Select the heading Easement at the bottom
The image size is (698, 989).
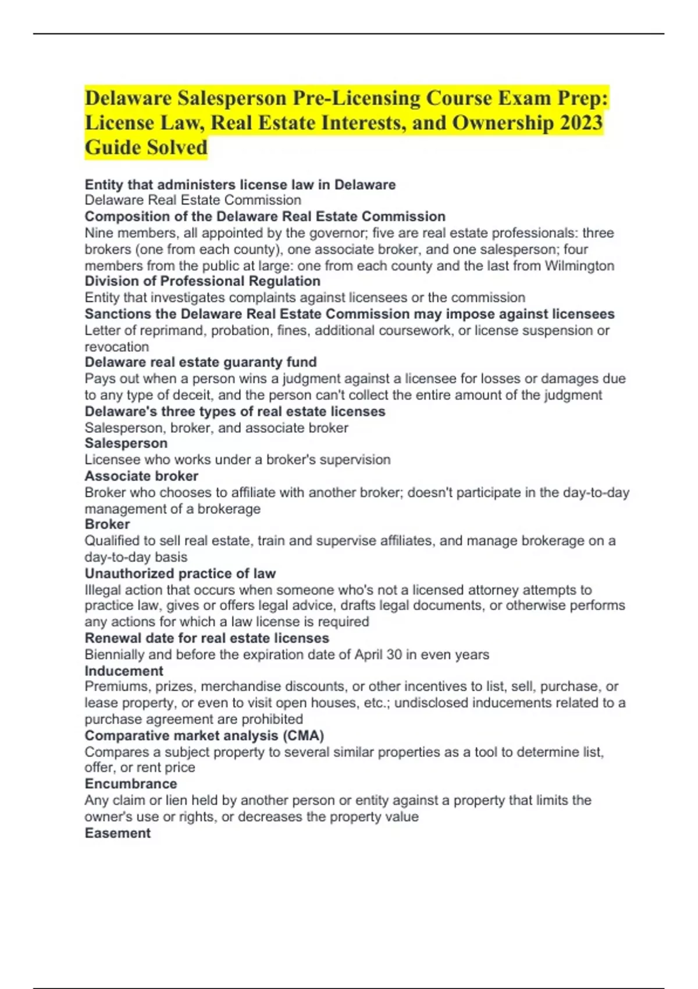117,833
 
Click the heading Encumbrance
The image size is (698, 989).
131,784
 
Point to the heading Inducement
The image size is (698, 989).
124,671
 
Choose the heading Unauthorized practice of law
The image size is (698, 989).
180,574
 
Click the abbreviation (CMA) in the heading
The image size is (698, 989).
303,735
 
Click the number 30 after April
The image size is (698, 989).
394,654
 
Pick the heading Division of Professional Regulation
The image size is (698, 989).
202,282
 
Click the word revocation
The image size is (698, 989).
117,347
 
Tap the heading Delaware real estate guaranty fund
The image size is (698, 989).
201,362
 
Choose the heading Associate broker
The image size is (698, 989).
141,476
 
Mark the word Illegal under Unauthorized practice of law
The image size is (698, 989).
102,590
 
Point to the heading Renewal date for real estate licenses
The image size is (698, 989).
207,638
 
